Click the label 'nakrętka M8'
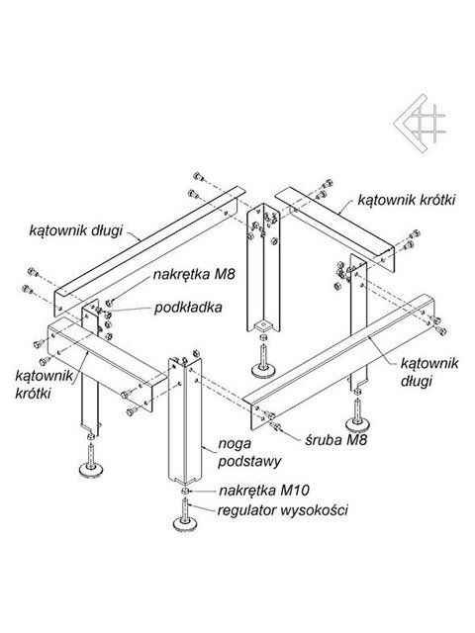[194, 275]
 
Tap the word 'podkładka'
[188, 308]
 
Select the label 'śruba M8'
[336, 439]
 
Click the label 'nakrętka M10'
[264, 491]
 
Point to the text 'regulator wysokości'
[282, 510]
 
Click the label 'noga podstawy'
[249, 453]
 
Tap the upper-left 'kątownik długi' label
[75, 230]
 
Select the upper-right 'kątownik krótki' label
[407, 200]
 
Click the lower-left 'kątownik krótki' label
[45, 384]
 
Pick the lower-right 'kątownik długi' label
[428, 372]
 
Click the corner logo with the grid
[420, 123]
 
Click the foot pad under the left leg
[92, 469]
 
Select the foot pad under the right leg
[358, 424]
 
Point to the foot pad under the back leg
[264, 369]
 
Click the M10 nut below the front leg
[184, 491]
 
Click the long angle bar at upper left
[149, 250]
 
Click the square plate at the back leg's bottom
[263, 325]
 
